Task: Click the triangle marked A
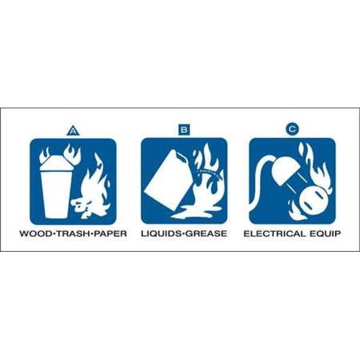pos(74,131)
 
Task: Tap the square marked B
pos(184,131)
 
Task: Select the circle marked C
pos(292,130)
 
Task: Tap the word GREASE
pos(207,234)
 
